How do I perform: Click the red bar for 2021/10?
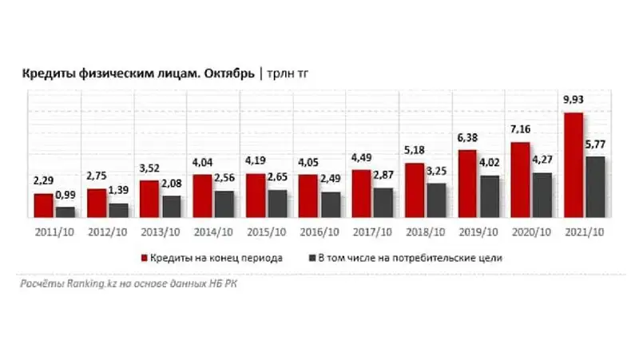click(x=573, y=166)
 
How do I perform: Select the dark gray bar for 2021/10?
click(x=594, y=188)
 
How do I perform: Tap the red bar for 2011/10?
click(x=43, y=206)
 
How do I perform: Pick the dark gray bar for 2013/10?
click(x=171, y=207)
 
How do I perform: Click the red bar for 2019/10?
click(x=467, y=184)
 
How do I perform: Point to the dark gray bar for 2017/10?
click(x=383, y=203)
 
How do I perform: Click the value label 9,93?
click(x=573, y=101)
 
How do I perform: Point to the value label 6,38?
click(x=467, y=139)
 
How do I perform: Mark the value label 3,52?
click(x=149, y=170)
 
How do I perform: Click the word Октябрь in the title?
click(x=228, y=74)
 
